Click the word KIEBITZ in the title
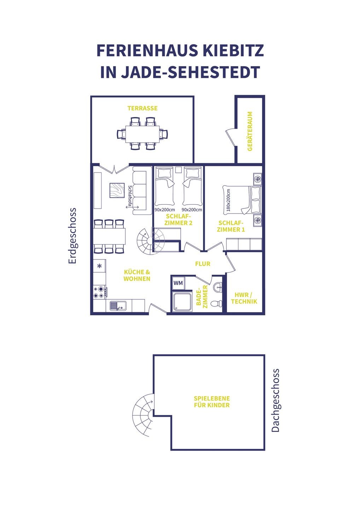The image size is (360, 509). pos(233,51)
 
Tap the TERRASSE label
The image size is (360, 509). pos(142,108)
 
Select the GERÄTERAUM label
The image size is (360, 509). pos(250,131)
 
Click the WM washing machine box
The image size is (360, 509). pos(178,283)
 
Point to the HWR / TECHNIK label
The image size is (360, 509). pos(244,298)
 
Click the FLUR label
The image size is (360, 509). pos(203,264)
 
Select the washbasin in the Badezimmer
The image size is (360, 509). pos(218,287)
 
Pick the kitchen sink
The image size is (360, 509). pos(118,306)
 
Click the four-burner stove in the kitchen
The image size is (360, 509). pos(100,292)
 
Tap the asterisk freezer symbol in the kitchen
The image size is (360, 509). pos(99,266)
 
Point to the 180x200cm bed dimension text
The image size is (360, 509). pos(228,200)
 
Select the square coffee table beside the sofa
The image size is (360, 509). pos(117,191)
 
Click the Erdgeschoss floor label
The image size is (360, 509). pos(72,236)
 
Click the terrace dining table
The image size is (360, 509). pos(142,134)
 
